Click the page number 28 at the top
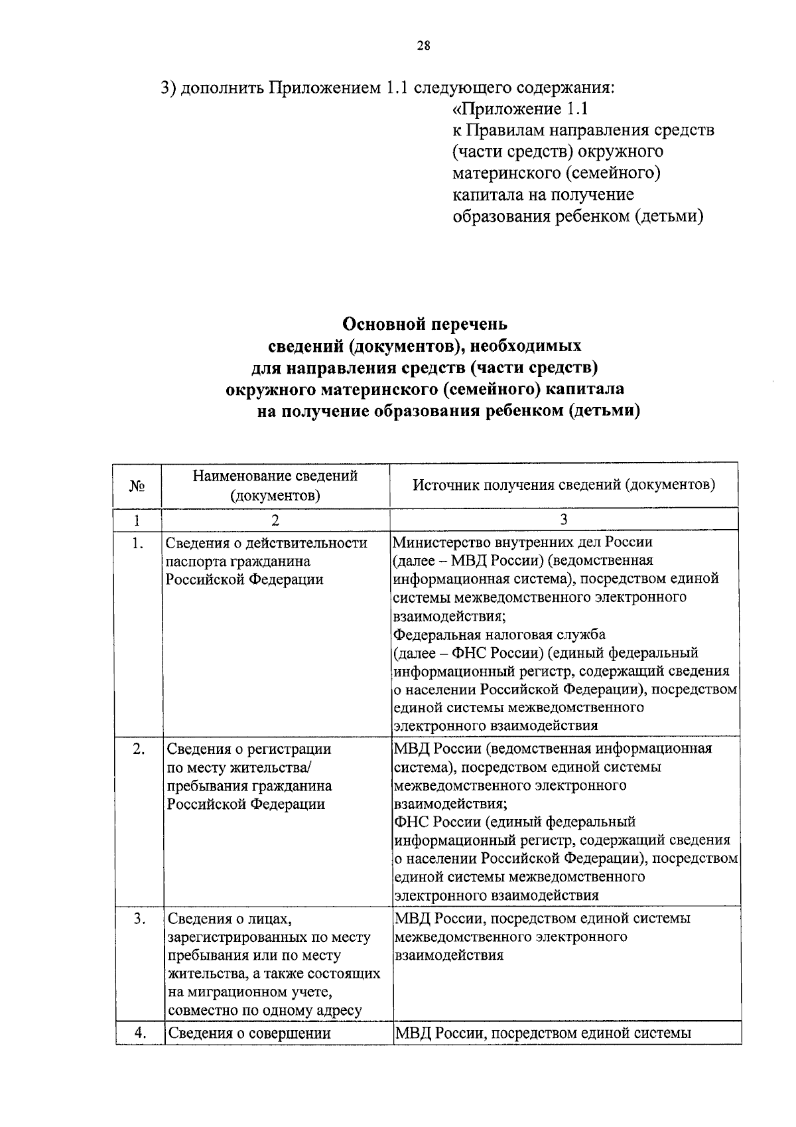tap(423, 46)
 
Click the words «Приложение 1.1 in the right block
tap(520, 108)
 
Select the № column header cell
tap(137, 486)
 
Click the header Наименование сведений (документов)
tap(275, 485)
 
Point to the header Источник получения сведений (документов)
tap(564, 485)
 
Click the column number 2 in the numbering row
tap(275, 520)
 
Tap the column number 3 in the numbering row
tap(564, 520)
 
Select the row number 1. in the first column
tap(137, 544)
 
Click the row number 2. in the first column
tap(138, 749)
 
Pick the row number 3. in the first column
tap(139, 919)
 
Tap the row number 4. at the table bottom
tap(139, 1033)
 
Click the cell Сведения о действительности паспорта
tap(265, 561)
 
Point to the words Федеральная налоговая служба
tap(499, 635)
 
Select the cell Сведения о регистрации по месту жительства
tap(249, 777)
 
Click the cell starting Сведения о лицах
tap(273, 964)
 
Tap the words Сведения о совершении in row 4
tap(249, 1033)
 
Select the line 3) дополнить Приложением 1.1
tap(388, 88)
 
